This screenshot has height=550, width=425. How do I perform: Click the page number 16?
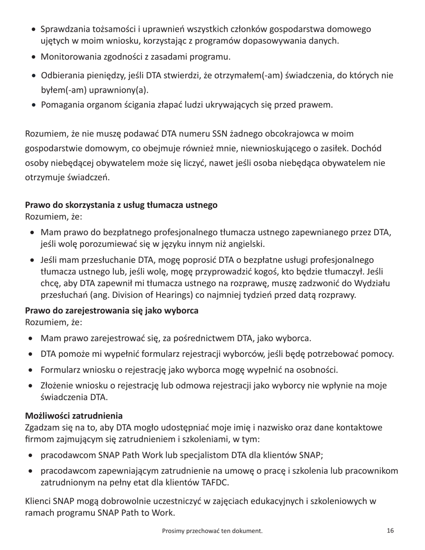point(390,531)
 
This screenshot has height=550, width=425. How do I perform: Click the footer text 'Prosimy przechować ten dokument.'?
point(212,531)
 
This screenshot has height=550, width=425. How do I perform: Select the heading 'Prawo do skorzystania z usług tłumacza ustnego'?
point(121,205)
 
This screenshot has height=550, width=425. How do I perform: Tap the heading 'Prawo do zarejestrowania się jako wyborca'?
point(111,310)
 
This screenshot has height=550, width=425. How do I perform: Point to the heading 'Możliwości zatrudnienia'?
point(73,416)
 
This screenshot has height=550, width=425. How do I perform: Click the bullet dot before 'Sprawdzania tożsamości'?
point(34,30)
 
